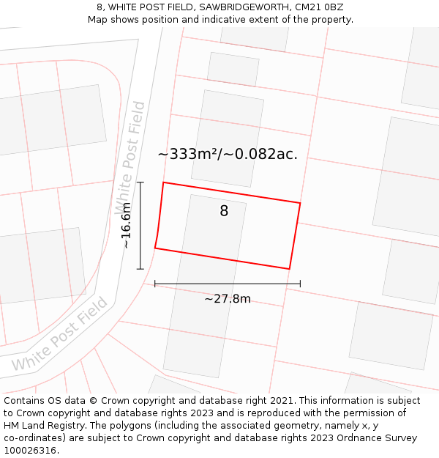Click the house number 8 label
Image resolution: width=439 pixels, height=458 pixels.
(x=224, y=211)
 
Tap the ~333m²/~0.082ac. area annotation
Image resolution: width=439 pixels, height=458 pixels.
(x=228, y=154)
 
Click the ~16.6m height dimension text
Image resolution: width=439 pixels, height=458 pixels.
(x=126, y=226)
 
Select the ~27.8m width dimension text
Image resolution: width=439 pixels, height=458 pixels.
(x=227, y=298)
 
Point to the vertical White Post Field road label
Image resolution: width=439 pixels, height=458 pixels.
(x=130, y=158)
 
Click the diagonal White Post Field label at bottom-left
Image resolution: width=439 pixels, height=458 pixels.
(x=60, y=334)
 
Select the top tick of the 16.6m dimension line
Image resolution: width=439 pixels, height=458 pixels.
(x=140, y=182)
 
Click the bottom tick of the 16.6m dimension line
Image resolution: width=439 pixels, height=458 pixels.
(x=140, y=269)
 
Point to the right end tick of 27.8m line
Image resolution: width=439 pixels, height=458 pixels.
(x=300, y=284)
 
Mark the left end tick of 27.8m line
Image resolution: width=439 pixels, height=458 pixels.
(x=155, y=284)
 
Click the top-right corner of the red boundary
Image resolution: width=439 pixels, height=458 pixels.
(x=300, y=203)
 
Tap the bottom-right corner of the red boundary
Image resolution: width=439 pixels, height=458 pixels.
(x=289, y=269)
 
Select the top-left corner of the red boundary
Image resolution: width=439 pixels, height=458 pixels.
(x=162, y=182)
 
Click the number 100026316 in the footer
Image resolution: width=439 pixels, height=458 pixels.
(x=30, y=451)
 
